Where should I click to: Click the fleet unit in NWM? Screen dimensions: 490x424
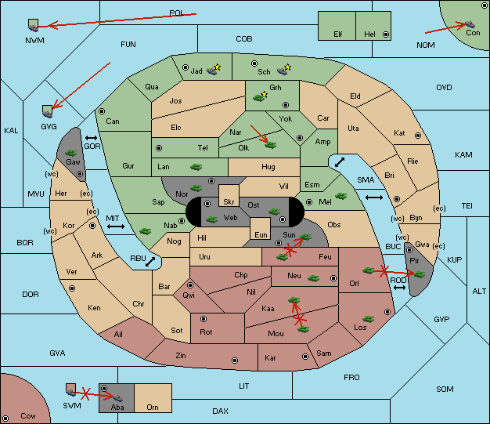(x=33, y=26)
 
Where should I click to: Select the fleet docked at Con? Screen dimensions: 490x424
(x=470, y=24)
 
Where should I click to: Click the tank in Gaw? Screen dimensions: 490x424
(x=71, y=153)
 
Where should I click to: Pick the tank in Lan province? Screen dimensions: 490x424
(x=196, y=167)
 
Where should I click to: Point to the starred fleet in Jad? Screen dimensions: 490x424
(x=214, y=70)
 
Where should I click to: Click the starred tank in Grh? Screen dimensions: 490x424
(x=259, y=97)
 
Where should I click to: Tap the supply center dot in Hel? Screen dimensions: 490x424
(x=386, y=34)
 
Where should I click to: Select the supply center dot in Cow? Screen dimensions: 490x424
(x=5, y=418)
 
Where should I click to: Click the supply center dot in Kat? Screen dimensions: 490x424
(x=418, y=136)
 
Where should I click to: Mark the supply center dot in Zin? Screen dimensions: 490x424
(x=235, y=361)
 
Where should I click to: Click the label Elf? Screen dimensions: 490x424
(x=338, y=34)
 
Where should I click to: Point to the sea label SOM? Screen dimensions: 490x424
(x=445, y=390)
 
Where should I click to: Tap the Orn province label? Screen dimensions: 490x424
(x=153, y=407)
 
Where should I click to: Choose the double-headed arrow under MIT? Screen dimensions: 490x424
(x=116, y=226)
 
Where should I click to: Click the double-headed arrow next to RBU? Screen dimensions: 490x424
(x=150, y=262)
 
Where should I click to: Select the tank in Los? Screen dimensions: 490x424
(x=368, y=319)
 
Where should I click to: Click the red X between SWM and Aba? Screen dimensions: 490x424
(x=85, y=393)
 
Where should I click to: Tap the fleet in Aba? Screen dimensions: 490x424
(x=117, y=397)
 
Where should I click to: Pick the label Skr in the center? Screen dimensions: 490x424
(x=229, y=202)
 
